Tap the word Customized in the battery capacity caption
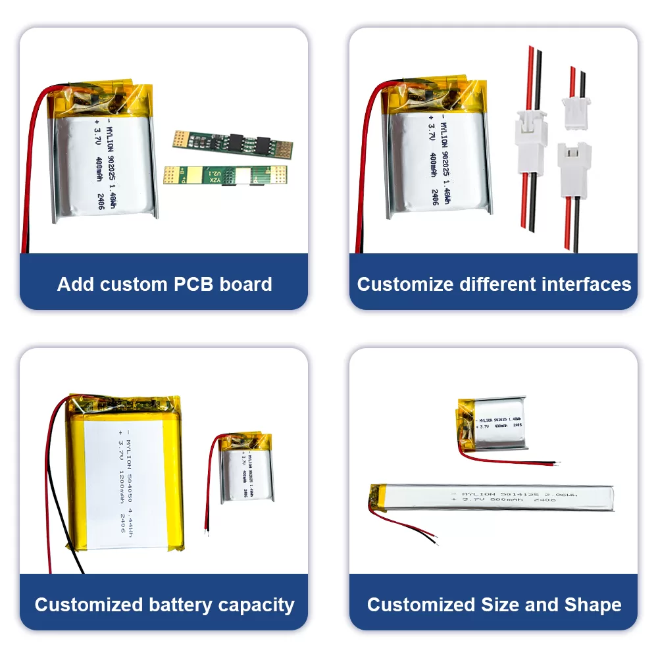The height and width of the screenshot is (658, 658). click(89, 605)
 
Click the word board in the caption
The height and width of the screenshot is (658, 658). click(249, 284)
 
